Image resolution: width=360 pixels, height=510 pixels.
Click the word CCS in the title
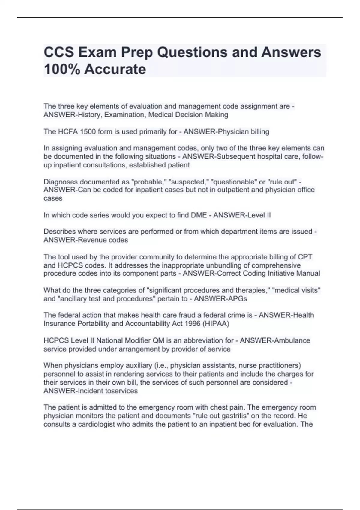[x=59, y=52]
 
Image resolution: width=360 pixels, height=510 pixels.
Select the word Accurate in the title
[x=115, y=70]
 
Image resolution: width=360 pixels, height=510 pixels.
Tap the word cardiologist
[x=95, y=424]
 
